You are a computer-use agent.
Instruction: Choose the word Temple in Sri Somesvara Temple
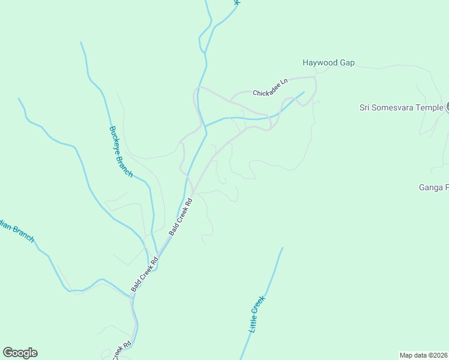430,108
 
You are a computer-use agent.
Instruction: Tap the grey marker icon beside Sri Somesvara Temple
447,108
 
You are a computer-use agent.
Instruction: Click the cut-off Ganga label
433,188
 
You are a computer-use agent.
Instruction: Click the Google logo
20,353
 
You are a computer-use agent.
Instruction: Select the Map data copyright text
424,355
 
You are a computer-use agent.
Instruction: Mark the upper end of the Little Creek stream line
282,248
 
